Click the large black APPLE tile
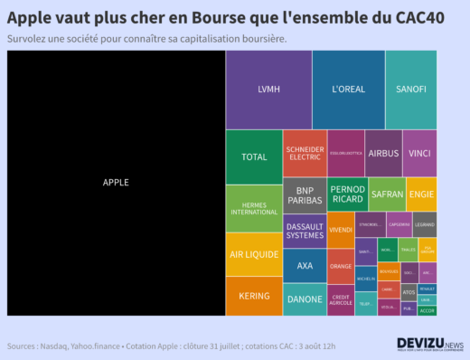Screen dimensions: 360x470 click(116, 183)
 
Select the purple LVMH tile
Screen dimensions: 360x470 click(268, 90)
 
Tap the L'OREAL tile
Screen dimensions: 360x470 click(348, 90)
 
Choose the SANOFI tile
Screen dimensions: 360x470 click(411, 90)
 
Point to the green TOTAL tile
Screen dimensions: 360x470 click(254, 156)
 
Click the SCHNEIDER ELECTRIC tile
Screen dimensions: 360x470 click(305, 153)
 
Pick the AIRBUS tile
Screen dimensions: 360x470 click(383, 154)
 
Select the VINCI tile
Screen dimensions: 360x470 click(419, 154)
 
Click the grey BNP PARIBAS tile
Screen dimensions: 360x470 click(305, 194)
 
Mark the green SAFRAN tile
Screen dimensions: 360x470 click(387, 194)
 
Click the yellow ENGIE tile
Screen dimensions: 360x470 click(421, 194)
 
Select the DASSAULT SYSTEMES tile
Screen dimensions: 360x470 click(305, 231)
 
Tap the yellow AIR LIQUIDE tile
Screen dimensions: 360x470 click(254, 254)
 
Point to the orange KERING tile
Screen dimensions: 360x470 click(254, 296)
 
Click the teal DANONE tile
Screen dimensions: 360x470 click(305, 298)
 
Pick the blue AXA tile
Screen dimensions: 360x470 click(305, 266)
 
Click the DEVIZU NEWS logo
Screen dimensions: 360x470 click(429, 345)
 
